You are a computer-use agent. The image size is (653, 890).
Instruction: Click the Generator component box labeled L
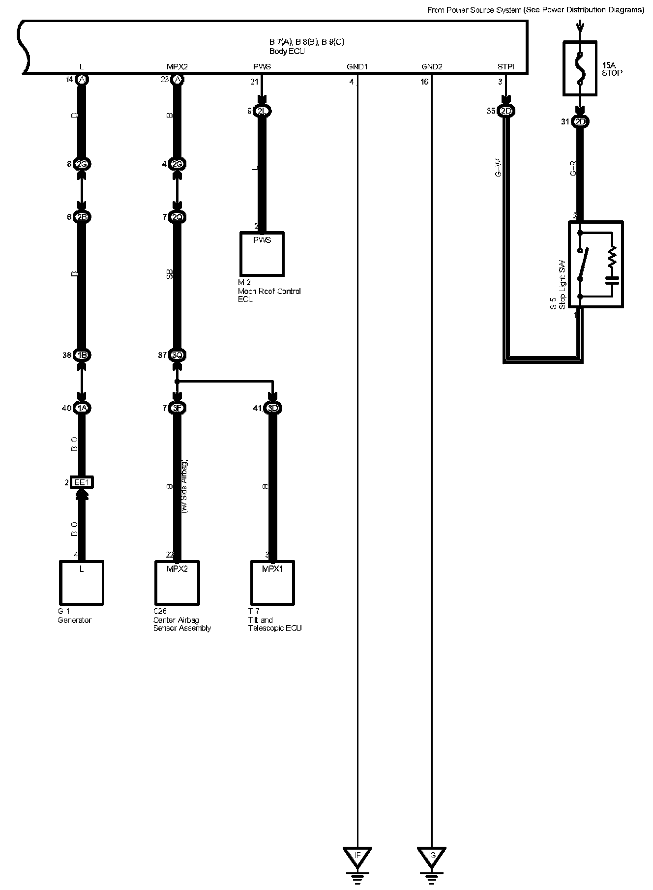[x=82, y=583]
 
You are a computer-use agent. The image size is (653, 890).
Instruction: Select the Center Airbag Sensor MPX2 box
[x=177, y=583]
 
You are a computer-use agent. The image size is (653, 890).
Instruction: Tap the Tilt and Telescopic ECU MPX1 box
[x=272, y=583]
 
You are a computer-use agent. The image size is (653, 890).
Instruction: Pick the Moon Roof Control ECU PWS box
[x=262, y=254]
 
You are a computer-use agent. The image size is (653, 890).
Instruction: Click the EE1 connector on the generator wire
[x=82, y=483]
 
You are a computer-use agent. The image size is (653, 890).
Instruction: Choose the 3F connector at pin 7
[x=177, y=408]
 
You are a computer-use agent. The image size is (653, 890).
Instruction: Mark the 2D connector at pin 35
[x=506, y=111]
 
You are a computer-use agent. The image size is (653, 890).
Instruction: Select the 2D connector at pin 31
[x=580, y=122]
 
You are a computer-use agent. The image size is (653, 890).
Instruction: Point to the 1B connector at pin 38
[x=82, y=355]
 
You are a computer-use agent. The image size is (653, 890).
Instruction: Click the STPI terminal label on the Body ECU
[x=506, y=67]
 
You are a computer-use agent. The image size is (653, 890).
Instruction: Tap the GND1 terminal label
[x=357, y=67]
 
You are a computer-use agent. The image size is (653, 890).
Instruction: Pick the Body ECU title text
[x=287, y=51]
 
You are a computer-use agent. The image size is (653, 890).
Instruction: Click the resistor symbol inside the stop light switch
[x=612, y=256]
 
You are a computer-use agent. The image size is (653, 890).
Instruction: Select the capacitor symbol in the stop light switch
[x=612, y=280]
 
